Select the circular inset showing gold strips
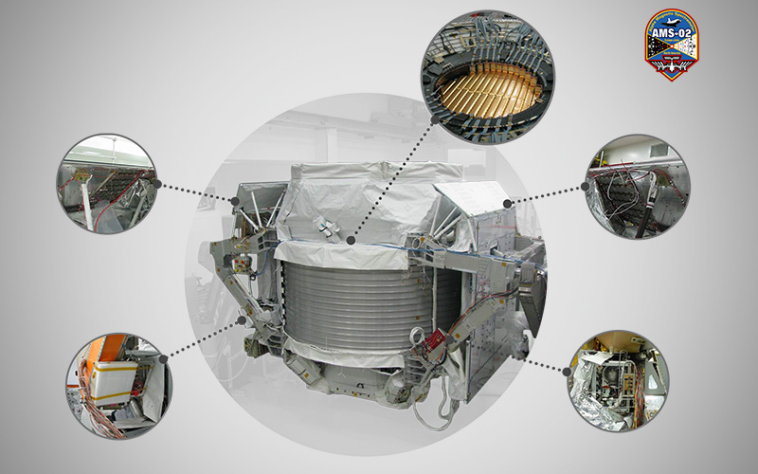coord(488,78)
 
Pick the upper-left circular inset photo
coord(107,184)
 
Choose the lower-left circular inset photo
coord(119,386)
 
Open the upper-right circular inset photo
coord(638,186)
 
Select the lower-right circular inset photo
coord(618,381)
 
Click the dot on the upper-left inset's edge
coord(156,184)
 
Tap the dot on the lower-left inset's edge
coord(163,359)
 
